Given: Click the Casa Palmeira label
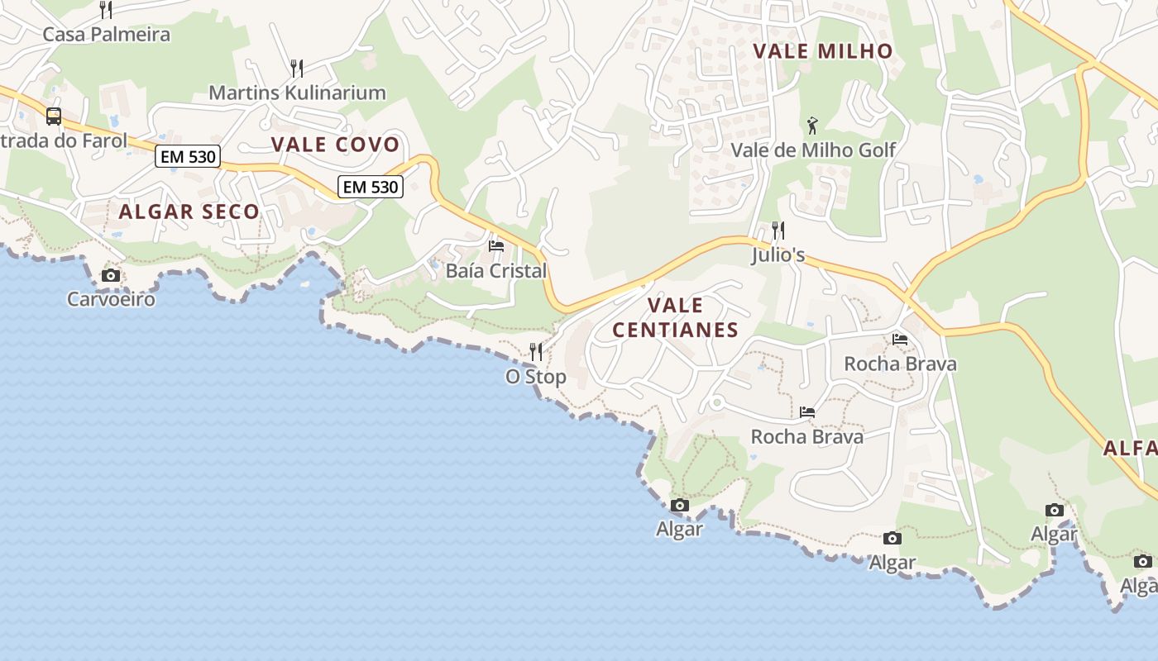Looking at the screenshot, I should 106,35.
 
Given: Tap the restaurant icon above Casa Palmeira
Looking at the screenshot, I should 106,10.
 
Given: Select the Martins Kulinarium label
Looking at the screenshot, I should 297,93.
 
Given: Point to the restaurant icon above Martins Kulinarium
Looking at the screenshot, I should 297,68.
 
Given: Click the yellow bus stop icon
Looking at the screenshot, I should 54,117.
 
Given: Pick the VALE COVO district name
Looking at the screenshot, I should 335,145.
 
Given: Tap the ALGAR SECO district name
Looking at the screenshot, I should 189,212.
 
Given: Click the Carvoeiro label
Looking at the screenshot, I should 111,299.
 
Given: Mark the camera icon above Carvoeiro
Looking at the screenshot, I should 111,275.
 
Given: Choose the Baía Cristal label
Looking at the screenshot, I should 496,271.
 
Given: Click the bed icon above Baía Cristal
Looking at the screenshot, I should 496,246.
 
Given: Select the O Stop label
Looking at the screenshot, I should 536,377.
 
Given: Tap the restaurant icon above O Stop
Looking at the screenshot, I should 536,352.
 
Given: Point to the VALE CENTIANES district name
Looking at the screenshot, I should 675,317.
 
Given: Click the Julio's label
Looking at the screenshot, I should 778,255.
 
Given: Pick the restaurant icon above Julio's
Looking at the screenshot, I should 778,231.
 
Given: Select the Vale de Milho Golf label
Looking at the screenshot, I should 813,150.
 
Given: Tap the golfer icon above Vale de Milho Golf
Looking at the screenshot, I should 813,126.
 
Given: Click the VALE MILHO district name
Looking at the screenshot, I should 823,51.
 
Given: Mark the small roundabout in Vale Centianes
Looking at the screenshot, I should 717,403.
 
